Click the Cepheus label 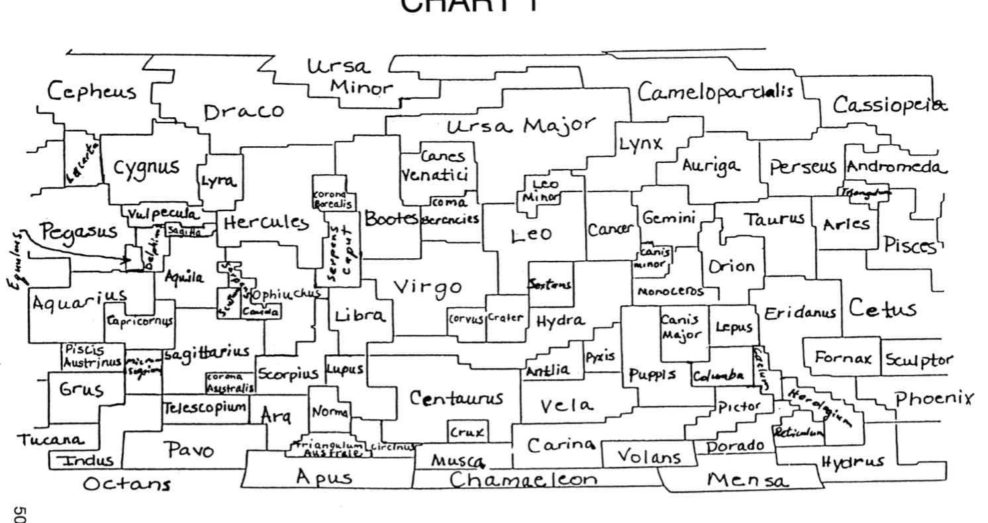click(x=92, y=91)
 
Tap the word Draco click(x=243, y=112)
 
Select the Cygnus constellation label click(x=146, y=167)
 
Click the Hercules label click(x=266, y=223)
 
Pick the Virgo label click(x=428, y=287)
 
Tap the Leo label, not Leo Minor click(x=531, y=235)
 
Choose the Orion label click(x=731, y=267)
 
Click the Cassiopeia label click(x=889, y=105)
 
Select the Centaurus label click(x=456, y=399)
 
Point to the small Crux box click(x=468, y=432)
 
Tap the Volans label click(x=649, y=457)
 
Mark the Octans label click(x=126, y=485)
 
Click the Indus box click(x=85, y=460)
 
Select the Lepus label click(x=733, y=327)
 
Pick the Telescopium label click(x=205, y=406)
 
